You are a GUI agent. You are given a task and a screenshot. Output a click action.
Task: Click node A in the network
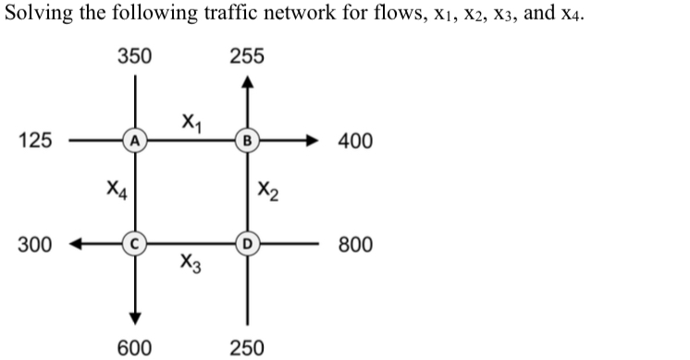(x=135, y=142)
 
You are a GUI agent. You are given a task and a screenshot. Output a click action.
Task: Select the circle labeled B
(x=246, y=142)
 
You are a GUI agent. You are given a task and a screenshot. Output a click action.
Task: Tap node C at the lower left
(x=135, y=246)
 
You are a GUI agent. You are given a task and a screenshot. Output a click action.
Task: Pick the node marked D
(x=246, y=246)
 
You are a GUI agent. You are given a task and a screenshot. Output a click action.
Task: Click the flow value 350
(x=135, y=56)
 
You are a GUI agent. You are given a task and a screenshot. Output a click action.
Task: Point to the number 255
(x=246, y=56)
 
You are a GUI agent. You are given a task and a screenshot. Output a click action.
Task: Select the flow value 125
(x=35, y=142)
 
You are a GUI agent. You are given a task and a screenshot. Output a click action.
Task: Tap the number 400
(x=356, y=142)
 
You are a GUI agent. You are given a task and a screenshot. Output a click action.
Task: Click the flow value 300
(x=35, y=246)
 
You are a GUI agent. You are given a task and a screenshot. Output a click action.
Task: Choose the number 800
(x=356, y=246)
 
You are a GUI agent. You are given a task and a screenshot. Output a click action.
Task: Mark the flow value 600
(x=135, y=347)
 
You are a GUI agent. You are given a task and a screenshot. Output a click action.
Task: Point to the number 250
(x=246, y=347)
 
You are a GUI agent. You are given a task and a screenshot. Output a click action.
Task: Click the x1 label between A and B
(x=190, y=120)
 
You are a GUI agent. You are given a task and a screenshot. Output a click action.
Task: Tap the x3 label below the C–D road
(x=190, y=266)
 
